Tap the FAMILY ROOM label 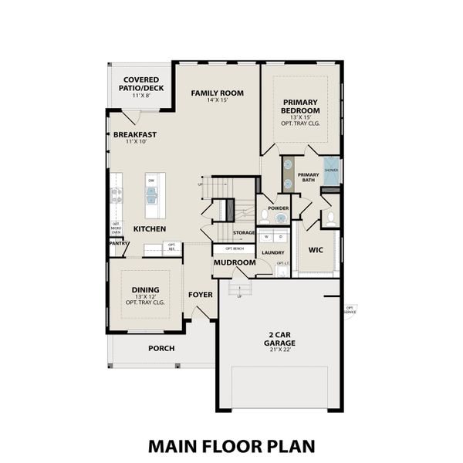pyautogui.click(x=217, y=93)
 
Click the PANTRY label pyautogui.click(x=118, y=243)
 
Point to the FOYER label pyautogui.click(x=200, y=295)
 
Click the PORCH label pyautogui.click(x=161, y=348)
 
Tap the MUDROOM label pyautogui.click(x=235, y=263)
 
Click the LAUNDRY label pyautogui.click(x=272, y=253)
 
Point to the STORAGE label pyautogui.click(x=244, y=232)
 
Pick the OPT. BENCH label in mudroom pyautogui.click(x=235, y=249)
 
